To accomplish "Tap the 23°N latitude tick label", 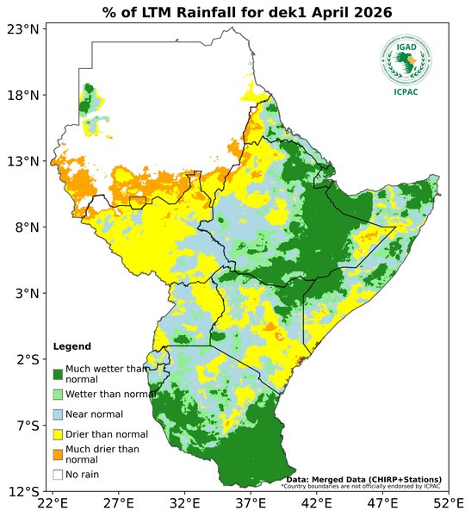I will [x=24, y=29].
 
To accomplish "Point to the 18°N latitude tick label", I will [x=24, y=95].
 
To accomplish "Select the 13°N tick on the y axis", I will [x=24, y=161].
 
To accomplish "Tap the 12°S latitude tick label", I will [x=24, y=492].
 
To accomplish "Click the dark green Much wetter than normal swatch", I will [x=58, y=374].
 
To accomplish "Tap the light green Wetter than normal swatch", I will [x=58, y=394].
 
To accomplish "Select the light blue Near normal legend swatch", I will [x=58, y=414].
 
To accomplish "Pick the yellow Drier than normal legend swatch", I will [x=58, y=434].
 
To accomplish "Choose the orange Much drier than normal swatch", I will [x=58, y=454].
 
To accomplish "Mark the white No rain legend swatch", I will [x=58, y=474].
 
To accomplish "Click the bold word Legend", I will [x=71, y=346].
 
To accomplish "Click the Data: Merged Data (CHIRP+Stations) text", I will [x=363, y=479].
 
